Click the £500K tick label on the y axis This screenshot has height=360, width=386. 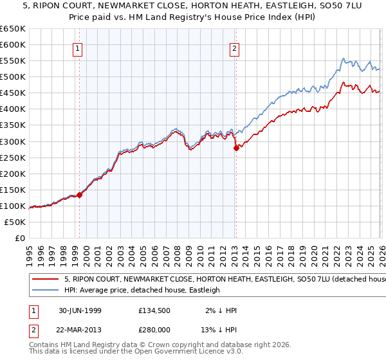coord(13,76)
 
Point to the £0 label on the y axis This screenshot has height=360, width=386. coord(19,238)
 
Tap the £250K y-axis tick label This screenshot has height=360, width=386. coord(13,157)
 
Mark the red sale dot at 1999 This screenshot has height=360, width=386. coord(80,195)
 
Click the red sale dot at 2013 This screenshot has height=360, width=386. coord(236,148)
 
